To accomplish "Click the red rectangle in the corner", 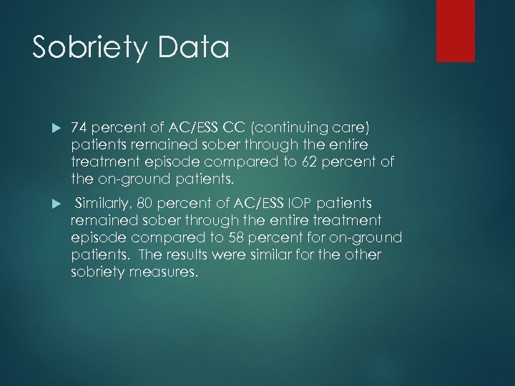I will click(x=465, y=31).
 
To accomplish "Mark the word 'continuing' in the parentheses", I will click(x=315, y=127).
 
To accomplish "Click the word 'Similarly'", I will click(x=104, y=202).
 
